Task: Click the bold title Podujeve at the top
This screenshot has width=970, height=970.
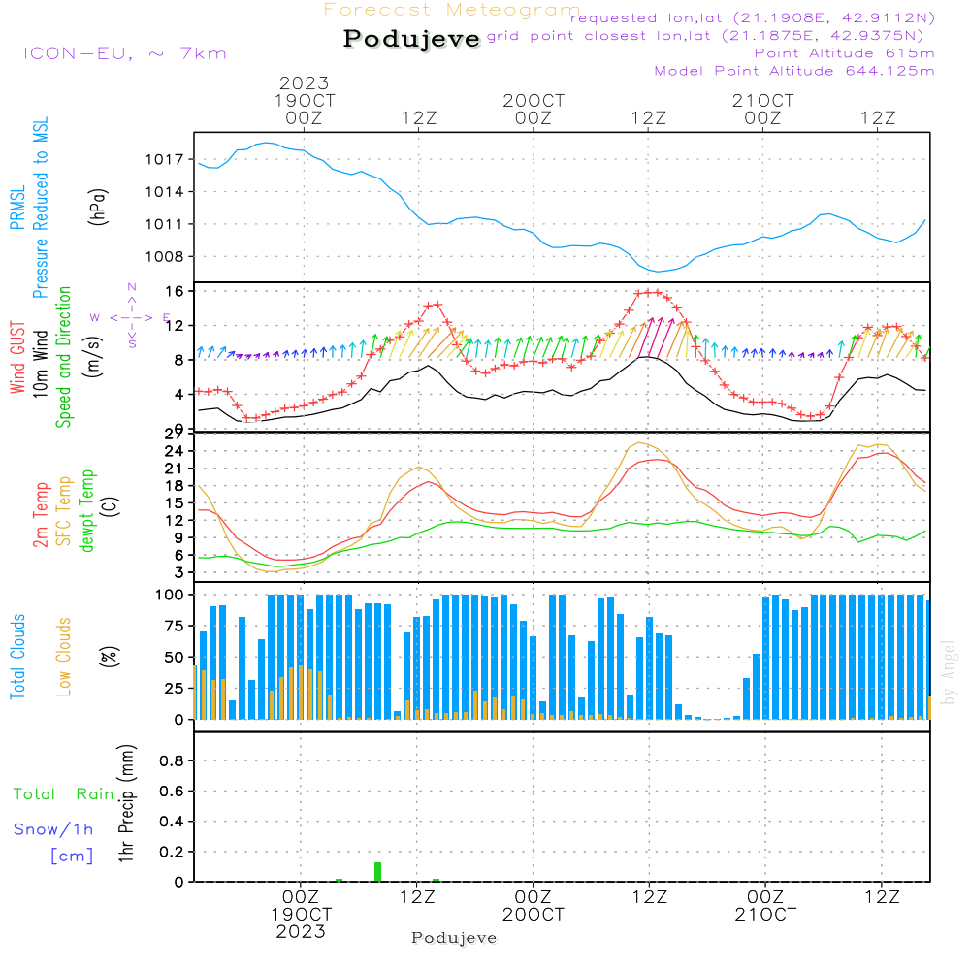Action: [412, 39]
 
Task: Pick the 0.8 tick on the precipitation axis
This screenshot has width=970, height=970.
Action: [172, 761]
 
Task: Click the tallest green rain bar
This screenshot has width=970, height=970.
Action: [377, 871]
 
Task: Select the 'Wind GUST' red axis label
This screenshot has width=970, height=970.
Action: [17, 356]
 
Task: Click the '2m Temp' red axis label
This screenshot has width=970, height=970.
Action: [41, 511]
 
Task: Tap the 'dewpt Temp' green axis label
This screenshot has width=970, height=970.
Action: [87, 511]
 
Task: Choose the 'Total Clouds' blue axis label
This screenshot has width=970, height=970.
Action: [17, 657]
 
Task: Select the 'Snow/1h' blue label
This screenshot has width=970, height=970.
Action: [53, 830]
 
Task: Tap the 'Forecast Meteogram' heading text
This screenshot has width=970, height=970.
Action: [452, 10]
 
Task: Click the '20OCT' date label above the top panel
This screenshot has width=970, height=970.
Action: [533, 101]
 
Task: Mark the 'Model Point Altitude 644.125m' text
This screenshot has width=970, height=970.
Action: [794, 71]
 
